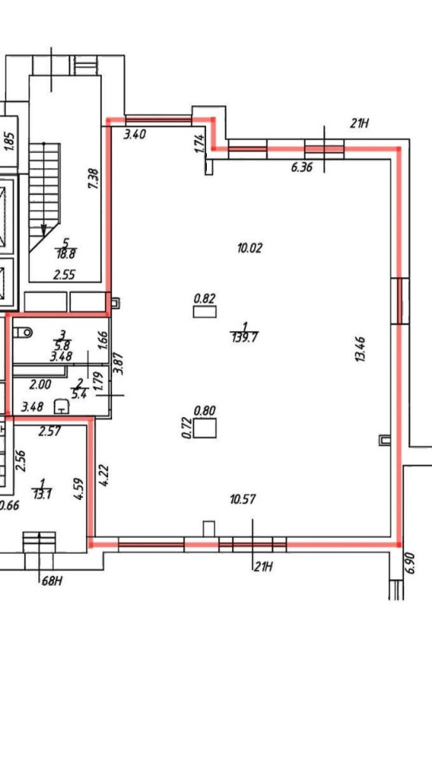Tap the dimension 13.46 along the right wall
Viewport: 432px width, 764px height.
[x=361, y=349]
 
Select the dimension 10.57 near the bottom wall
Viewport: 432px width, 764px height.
[x=243, y=499]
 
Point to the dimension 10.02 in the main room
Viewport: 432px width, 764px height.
[x=250, y=248]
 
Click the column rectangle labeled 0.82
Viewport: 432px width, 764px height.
[x=204, y=312]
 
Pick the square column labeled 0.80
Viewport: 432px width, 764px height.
[x=204, y=428]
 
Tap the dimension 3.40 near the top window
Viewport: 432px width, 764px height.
[x=134, y=134]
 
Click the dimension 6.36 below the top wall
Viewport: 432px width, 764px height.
[x=302, y=168]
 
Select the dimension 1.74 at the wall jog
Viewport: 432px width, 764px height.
[x=199, y=144]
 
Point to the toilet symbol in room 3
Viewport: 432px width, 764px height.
[x=23, y=333]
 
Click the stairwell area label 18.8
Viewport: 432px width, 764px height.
[x=66, y=253]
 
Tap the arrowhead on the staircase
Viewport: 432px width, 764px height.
[x=44, y=230]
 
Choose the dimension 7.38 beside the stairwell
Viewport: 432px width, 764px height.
[x=94, y=179]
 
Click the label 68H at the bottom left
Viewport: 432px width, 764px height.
[x=51, y=580]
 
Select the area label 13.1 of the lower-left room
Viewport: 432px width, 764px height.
[x=42, y=494]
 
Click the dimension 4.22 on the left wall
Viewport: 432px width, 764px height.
[x=103, y=476]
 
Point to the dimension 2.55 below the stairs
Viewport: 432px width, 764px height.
[x=64, y=275]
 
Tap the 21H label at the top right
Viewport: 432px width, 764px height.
[x=359, y=123]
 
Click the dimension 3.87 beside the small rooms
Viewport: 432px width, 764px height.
[x=118, y=364]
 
